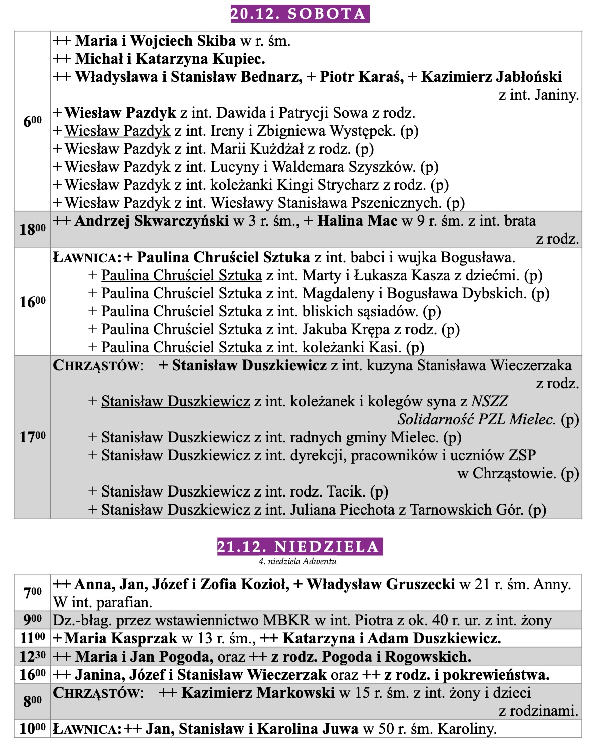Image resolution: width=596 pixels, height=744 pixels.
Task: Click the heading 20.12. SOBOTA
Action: [x=300, y=13]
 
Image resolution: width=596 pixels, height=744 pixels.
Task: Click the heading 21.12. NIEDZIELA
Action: [x=300, y=546]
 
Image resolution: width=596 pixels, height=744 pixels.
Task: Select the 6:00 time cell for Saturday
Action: [x=33, y=121]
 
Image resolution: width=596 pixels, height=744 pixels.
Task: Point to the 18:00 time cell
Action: [x=33, y=229]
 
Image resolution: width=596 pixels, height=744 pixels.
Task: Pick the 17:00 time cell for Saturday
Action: [x=33, y=437]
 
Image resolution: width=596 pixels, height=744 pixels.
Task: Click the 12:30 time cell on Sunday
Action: [x=33, y=656]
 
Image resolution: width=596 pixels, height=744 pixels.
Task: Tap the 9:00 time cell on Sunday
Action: [x=33, y=621]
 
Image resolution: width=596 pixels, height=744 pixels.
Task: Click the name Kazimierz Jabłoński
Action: [x=491, y=77]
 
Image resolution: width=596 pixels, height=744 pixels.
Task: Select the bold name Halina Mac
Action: [x=357, y=221]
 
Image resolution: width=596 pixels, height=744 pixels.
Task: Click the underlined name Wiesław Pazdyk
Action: [x=118, y=131]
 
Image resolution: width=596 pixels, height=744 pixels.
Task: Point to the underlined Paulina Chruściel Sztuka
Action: [x=181, y=275]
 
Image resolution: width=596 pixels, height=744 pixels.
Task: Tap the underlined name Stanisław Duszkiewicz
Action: [x=175, y=401]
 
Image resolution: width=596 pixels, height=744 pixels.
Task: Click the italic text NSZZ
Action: [x=489, y=401]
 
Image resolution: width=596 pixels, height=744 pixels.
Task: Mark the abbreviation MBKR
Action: [x=286, y=621]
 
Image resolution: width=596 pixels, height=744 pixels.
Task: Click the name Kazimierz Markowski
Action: [x=258, y=693]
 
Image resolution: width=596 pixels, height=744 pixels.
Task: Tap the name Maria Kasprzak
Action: [x=121, y=638]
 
